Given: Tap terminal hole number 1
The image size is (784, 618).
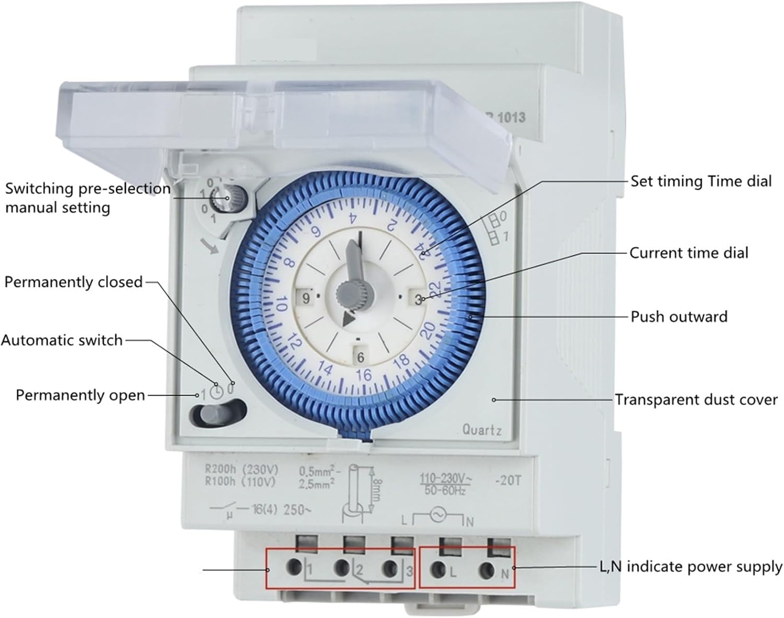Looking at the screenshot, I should tap(294, 566).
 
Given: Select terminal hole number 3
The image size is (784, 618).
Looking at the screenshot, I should tap(389, 568).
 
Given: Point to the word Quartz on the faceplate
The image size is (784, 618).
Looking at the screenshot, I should tap(482, 430).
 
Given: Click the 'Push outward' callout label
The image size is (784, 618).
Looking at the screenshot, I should tap(678, 317).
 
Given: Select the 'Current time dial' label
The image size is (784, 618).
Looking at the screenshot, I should tap(688, 253).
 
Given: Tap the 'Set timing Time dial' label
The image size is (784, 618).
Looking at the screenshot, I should tap(700, 181).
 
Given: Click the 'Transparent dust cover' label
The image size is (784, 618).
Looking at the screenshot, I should tap(696, 400).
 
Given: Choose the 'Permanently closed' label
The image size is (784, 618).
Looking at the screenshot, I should tap(73, 282).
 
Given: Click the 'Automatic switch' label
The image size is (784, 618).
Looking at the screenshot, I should tap(62, 340).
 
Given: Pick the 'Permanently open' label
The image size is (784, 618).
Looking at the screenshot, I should tap(80, 395).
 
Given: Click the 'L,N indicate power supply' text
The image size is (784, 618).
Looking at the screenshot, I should tap(690, 567).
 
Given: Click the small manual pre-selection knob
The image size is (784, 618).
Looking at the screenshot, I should tap(227, 198).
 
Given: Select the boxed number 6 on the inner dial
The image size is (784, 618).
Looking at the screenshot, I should tap(360, 358).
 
